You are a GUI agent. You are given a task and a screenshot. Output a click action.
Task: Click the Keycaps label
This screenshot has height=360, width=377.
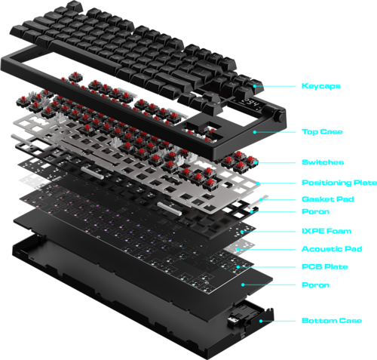tap(321, 86)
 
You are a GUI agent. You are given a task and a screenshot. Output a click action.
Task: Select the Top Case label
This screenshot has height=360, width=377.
tap(322, 132)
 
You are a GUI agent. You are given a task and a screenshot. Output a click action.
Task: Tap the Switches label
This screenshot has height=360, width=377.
tap(323, 162)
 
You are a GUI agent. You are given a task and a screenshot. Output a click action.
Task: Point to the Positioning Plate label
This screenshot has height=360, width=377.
tap(339, 183)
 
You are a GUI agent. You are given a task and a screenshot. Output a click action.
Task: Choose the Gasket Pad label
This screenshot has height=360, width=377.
tap(328, 199)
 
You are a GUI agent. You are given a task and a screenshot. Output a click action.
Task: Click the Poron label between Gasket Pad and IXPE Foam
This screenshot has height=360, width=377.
tap(315, 211)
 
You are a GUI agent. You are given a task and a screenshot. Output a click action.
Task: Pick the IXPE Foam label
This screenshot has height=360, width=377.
tap(326, 231)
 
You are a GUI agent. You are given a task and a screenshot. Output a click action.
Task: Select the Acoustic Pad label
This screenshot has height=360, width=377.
tap(332, 249)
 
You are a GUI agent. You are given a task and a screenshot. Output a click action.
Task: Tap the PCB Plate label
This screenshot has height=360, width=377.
tap(325, 266)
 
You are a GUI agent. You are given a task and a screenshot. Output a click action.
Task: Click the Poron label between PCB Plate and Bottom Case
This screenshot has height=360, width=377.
tap(315, 285)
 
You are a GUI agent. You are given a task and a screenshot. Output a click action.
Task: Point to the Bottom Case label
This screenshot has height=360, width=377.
tap(332, 321)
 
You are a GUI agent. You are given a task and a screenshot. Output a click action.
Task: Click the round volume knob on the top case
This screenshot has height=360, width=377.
tap(279, 115)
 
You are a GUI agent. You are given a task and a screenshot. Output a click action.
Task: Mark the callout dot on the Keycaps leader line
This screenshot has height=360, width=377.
tap(255, 86)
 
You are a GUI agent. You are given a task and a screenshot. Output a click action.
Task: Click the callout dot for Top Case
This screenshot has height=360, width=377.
tap(255, 132)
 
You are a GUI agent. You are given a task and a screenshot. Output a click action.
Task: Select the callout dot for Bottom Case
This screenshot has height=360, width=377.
tap(261, 321)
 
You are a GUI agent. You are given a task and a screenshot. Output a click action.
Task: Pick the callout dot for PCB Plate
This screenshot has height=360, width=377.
tap(238, 267)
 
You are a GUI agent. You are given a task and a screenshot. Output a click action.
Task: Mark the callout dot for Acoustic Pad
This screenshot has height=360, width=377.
tap(238, 249)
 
